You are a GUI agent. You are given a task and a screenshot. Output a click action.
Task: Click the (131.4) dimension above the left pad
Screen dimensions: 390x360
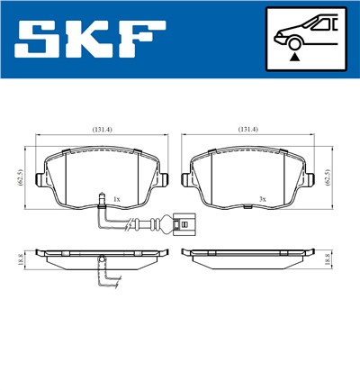click(x=102, y=130)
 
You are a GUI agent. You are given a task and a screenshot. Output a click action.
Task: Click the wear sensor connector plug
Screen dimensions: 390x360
click(x=185, y=216)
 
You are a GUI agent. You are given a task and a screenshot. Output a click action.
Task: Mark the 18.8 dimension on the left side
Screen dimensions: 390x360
click(x=18, y=259)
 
